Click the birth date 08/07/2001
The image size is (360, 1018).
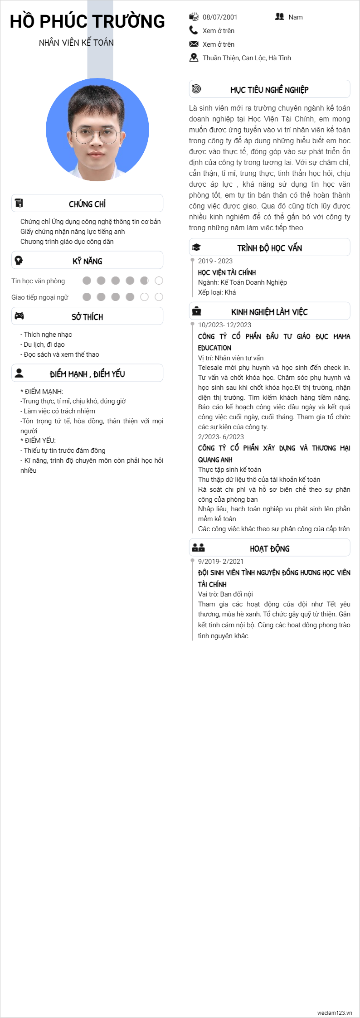[219, 17]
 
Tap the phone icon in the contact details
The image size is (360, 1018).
[194, 30]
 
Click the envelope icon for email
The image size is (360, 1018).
[194, 44]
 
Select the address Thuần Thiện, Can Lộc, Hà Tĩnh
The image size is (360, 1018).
[247, 58]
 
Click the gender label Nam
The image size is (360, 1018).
[295, 17]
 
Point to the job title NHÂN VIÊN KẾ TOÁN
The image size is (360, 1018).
[76, 43]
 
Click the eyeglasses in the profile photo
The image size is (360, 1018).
[97, 135]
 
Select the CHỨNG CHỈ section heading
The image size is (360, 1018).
[87, 204]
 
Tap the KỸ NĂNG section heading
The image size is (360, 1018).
[87, 261]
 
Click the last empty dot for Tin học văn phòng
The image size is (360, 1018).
[159, 281]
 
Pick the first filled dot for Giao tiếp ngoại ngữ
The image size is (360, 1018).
[87, 297]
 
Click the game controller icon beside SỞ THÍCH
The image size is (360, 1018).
[19, 316]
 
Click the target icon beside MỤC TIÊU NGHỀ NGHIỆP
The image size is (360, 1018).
[196, 89]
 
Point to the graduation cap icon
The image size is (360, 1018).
[196, 247]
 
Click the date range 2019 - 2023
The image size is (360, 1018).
[215, 261]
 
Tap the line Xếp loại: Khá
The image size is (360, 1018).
[217, 292]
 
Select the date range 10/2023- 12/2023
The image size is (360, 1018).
[224, 325]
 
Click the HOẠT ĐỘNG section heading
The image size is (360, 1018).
[269, 548]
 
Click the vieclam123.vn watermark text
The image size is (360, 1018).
[334, 1013]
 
